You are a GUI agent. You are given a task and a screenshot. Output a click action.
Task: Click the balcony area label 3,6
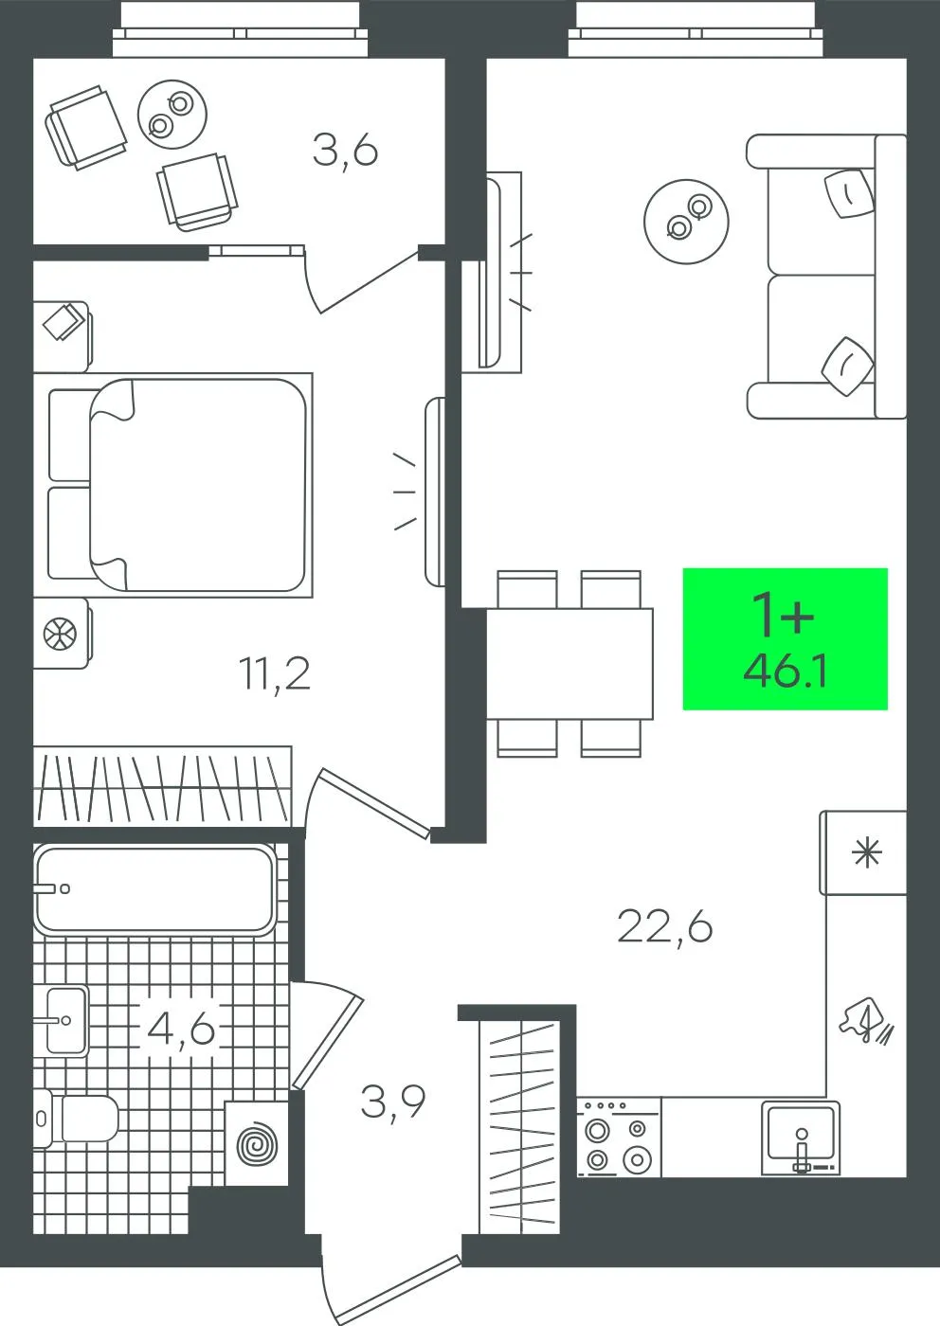click(x=345, y=152)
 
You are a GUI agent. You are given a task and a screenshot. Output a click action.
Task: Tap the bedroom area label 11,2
click(x=275, y=674)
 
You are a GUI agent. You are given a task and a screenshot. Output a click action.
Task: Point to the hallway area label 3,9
click(x=392, y=1102)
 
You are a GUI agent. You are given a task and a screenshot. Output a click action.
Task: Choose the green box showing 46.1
click(x=785, y=638)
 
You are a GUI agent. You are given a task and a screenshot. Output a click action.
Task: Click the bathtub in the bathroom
click(x=154, y=889)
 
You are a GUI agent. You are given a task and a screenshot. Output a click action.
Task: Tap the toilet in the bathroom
click(x=75, y=1119)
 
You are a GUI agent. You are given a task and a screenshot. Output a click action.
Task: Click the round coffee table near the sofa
click(x=686, y=222)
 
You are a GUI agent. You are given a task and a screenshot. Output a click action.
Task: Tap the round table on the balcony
click(x=173, y=115)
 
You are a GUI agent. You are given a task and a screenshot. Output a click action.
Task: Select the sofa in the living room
click(x=827, y=277)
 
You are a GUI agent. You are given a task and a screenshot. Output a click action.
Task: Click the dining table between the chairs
click(x=569, y=664)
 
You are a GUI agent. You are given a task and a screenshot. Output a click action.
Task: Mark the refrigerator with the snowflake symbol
click(x=863, y=852)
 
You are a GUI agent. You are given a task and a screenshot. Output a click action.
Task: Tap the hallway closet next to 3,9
click(x=519, y=1148)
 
